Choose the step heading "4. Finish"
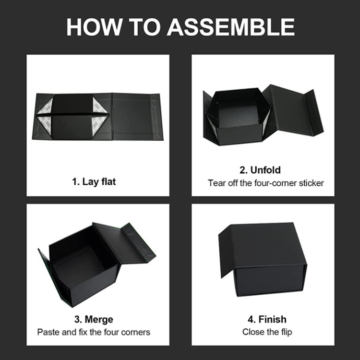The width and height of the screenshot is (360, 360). coord(266,319)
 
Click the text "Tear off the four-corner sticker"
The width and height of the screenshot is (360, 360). coord(266,183)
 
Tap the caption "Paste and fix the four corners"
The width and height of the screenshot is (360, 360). coord(94,332)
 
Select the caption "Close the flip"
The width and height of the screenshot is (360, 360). coord(266,332)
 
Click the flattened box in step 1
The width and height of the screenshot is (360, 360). coord(98,116)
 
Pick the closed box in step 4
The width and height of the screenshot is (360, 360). coord(264,259)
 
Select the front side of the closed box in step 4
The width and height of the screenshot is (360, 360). coord(270,279)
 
